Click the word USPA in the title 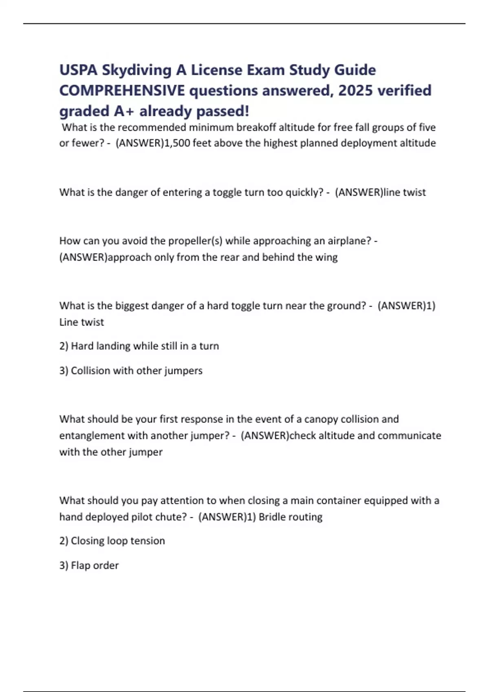pyautogui.click(x=78, y=70)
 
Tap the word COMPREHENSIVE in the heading pyautogui.click(x=122, y=90)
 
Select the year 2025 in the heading pyautogui.click(x=355, y=90)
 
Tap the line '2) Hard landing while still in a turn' pyautogui.click(x=139, y=346)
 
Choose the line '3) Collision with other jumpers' pyautogui.click(x=131, y=370)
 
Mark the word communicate pyautogui.click(x=409, y=436)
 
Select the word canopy pyautogui.click(x=321, y=419)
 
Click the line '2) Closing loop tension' pyautogui.click(x=112, y=541)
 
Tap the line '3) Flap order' pyautogui.click(x=89, y=565)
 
